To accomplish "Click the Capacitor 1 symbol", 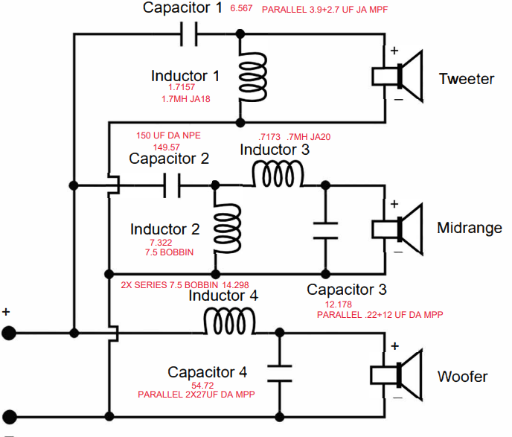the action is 189,34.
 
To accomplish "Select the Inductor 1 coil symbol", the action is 252,77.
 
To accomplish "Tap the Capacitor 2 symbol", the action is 172,185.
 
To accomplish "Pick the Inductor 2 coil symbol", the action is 227,229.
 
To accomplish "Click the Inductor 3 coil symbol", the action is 278,173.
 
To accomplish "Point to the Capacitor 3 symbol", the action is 325,231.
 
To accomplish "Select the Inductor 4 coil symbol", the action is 229,321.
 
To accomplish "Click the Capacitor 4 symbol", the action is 280,373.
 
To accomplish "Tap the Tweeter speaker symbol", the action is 397,77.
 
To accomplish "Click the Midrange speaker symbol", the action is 397,229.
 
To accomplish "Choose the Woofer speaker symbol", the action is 397,375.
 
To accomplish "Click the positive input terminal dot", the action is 9,333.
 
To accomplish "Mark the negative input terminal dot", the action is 10,417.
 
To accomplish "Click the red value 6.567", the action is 241,8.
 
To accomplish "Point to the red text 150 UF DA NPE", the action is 168,135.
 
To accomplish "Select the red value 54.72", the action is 202,386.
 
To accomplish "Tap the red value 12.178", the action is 339,304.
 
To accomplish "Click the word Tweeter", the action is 467,79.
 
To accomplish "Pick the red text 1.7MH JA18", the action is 186,98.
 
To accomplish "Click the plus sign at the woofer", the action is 394,346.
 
